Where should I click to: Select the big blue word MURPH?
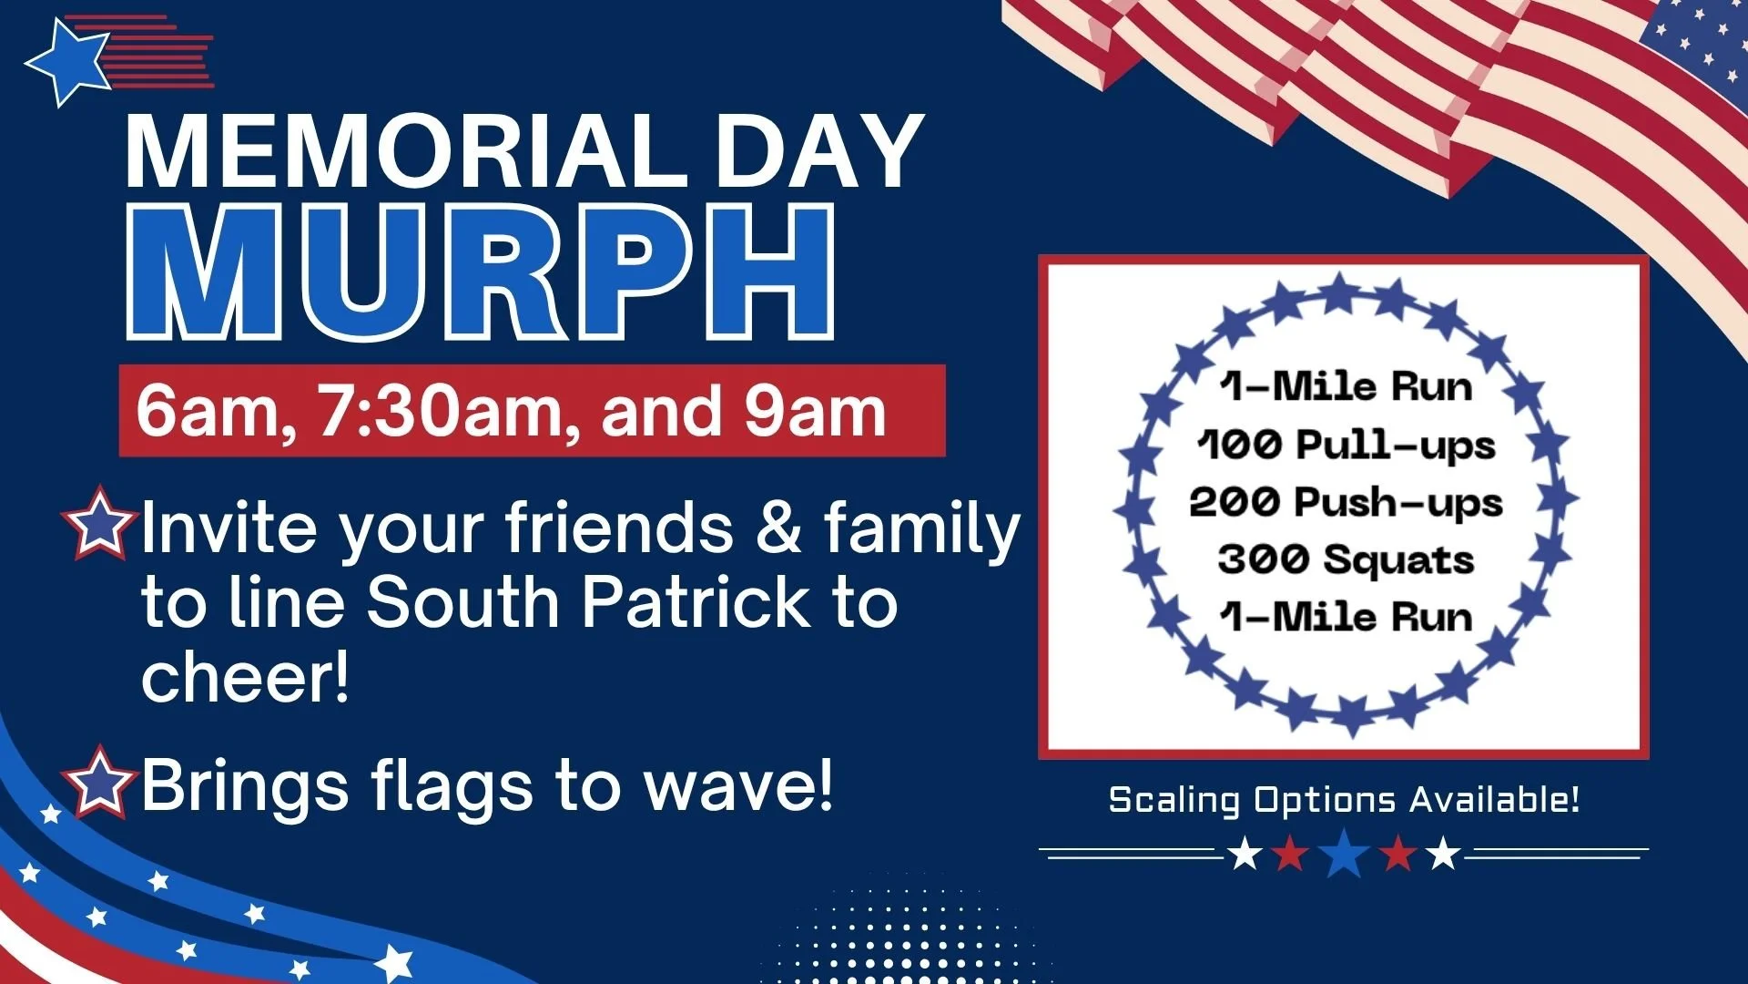tap(480, 272)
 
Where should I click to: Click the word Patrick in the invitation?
tap(696, 602)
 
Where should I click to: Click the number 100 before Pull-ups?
tap(1240, 445)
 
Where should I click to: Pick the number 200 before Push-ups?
tap(1235, 502)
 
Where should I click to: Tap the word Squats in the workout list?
tap(1397, 559)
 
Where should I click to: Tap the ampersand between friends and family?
tap(778, 528)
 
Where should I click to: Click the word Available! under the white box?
tap(1494, 800)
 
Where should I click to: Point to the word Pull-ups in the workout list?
tap(1395, 446)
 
